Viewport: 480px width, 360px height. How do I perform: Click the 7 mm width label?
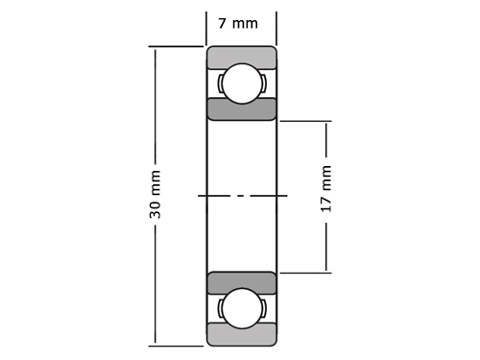click(238, 24)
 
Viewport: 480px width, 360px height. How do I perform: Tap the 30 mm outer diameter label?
click(155, 194)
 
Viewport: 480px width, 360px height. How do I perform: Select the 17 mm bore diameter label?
click(325, 188)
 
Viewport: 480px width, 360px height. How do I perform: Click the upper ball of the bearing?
click(242, 84)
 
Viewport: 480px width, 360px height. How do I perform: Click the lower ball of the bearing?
click(242, 308)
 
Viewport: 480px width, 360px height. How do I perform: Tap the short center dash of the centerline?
click(241, 195)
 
